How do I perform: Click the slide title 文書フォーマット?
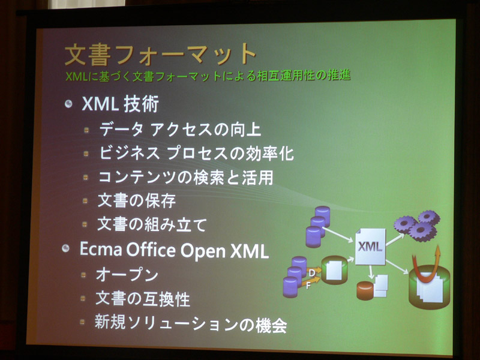160,55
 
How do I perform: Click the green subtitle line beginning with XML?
208,76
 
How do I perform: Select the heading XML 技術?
121,104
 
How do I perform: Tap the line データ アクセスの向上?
180,129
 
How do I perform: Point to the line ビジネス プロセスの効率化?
197,153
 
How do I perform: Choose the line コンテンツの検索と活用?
186,177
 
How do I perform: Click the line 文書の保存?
137,201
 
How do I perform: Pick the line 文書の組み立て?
152,224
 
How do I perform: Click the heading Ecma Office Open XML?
174,250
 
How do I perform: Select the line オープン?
127,275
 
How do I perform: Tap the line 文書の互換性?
143,299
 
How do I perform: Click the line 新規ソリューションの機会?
191,324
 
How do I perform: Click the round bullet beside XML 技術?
68,104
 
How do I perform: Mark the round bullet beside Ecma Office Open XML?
65,248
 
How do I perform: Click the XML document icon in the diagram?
370,247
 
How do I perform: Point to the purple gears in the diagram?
417,225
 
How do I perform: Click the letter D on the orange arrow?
312,272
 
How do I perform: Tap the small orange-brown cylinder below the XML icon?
365,290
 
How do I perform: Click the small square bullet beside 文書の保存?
85,201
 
